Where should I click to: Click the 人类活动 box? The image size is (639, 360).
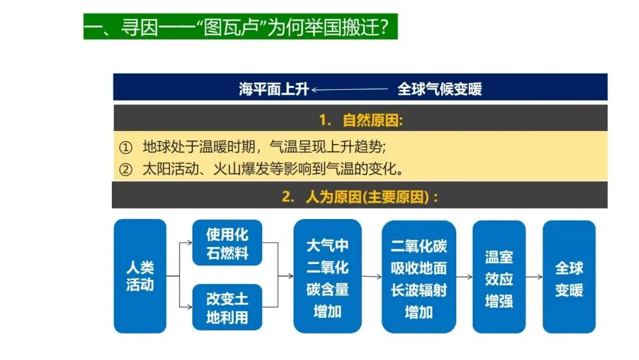coord(140,276)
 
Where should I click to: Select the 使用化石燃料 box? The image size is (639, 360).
coord(227,243)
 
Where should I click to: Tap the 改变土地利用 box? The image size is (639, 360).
coord(227,307)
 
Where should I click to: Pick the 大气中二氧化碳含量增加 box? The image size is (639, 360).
coord(327,276)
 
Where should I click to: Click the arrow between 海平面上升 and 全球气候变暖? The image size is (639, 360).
coord(349,89)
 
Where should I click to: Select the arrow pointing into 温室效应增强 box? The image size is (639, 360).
coord(465,277)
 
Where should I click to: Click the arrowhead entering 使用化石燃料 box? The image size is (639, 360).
coord(189,243)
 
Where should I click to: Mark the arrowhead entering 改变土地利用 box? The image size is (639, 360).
coord(189,307)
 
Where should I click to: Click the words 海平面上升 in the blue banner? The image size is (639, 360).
coord(274,89)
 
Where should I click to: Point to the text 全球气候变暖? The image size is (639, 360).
coord(440,89)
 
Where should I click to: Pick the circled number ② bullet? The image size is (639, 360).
coord(125,169)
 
